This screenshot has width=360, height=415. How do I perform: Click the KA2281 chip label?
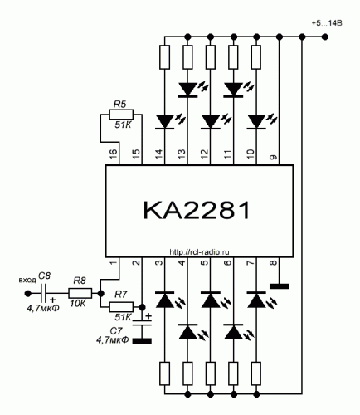point(197,210)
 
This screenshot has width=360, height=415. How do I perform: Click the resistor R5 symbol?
point(121,114)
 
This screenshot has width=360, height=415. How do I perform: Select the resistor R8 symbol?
point(80,293)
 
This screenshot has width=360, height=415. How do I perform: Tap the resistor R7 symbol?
point(121,307)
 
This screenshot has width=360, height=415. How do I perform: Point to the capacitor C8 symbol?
point(44,293)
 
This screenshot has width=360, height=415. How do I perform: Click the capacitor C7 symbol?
point(142,323)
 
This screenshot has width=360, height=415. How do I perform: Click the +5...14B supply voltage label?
point(327,23)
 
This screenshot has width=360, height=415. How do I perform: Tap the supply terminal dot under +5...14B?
point(325,37)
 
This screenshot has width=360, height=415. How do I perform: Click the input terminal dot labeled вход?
point(27,293)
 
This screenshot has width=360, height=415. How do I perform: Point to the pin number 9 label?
point(273,158)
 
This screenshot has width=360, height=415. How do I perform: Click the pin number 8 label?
point(273,262)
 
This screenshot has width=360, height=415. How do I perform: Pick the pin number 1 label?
point(114,262)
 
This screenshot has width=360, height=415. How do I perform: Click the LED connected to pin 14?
point(165,122)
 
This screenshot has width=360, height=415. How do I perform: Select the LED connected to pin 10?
point(256,122)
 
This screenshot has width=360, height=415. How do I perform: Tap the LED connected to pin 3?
point(165,300)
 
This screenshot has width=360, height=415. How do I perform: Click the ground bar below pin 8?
point(279,286)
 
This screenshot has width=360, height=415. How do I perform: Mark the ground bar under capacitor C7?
point(142,341)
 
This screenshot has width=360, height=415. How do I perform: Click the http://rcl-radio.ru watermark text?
point(199,252)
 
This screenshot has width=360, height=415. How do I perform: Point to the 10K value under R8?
point(78,304)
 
